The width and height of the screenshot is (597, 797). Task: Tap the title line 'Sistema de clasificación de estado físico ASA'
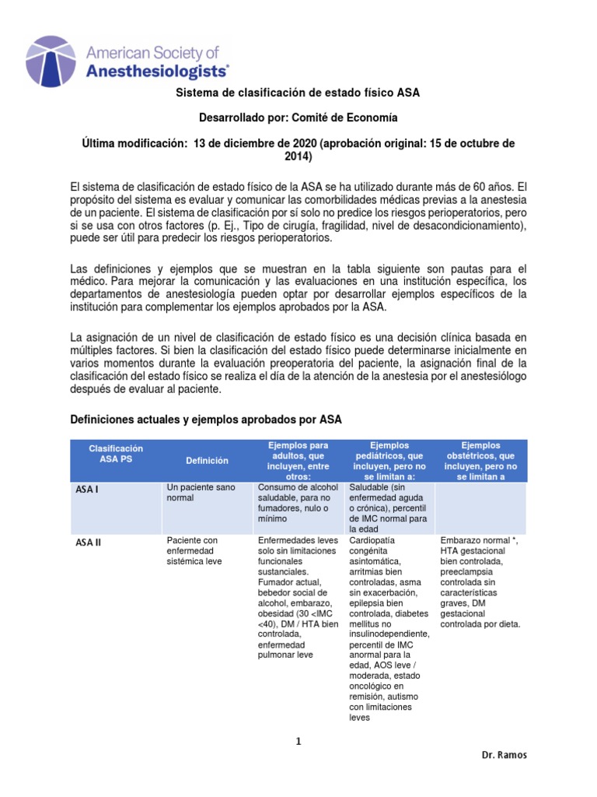298,93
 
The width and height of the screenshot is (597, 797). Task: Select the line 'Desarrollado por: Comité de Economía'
298,118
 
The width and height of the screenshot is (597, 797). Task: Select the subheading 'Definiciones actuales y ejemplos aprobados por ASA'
206,420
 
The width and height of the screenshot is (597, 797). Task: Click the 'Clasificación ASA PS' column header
116,455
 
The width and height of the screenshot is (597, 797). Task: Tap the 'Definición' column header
207,461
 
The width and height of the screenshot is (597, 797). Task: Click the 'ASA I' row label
86,490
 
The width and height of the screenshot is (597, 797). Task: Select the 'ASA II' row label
88,542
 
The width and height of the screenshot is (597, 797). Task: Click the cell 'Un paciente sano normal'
201,492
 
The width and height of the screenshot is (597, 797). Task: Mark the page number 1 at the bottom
298,741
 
